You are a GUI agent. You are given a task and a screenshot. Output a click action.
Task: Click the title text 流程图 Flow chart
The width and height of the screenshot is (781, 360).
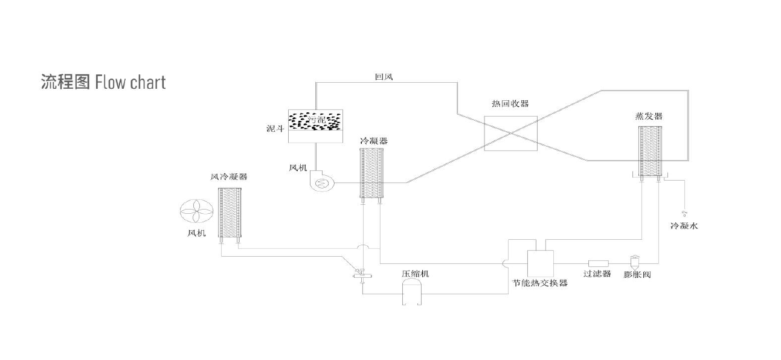tap(103, 82)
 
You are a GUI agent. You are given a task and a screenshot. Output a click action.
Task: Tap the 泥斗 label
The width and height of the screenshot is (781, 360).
tap(275, 129)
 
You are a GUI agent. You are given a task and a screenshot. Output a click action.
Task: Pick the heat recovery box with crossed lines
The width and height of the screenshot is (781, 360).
tap(511, 133)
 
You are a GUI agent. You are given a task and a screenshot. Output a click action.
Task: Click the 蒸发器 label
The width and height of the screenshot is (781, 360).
tap(653, 116)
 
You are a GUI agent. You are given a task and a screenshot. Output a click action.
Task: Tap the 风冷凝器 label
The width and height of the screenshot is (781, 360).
tap(228, 177)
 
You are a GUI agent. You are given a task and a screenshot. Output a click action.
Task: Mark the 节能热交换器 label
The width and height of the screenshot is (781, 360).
tap(540, 283)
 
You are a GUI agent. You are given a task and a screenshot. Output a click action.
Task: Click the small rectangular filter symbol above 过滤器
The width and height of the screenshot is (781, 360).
tap(598, 263)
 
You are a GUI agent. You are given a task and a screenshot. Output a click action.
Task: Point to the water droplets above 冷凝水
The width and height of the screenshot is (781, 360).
tap(684, 213)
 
